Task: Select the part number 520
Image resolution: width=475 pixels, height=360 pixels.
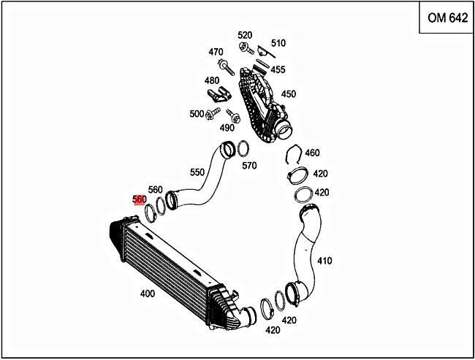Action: tap(245, 35)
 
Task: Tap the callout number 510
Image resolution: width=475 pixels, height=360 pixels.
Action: tap(278, 43)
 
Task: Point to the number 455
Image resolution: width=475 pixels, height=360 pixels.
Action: tap(278, 69)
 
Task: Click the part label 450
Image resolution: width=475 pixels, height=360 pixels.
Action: tap(289, 93)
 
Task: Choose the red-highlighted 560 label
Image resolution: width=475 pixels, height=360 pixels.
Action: tap(140, 199)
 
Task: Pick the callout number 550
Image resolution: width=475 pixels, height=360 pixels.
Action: tap(197, 172)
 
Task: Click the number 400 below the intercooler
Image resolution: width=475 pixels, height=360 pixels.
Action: tap(147, 293)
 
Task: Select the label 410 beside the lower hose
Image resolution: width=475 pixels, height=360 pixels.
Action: tap(324, 260)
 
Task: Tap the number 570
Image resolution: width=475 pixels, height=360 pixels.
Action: tap(249, 166)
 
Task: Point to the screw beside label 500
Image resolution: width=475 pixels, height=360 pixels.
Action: tap(213, 113)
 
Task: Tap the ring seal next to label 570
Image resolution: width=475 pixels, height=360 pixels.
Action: tap(240, 151)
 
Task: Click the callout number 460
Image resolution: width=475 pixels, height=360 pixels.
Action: tap(313, 153)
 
